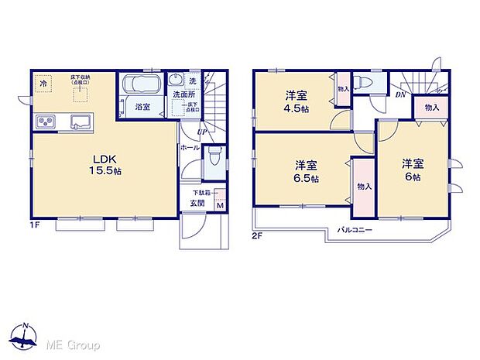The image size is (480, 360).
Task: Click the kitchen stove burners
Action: point(44,122)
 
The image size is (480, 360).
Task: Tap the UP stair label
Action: point(201,132)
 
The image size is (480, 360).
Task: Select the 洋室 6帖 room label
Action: point(411,170)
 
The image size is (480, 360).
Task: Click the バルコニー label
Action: point(355,231)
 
